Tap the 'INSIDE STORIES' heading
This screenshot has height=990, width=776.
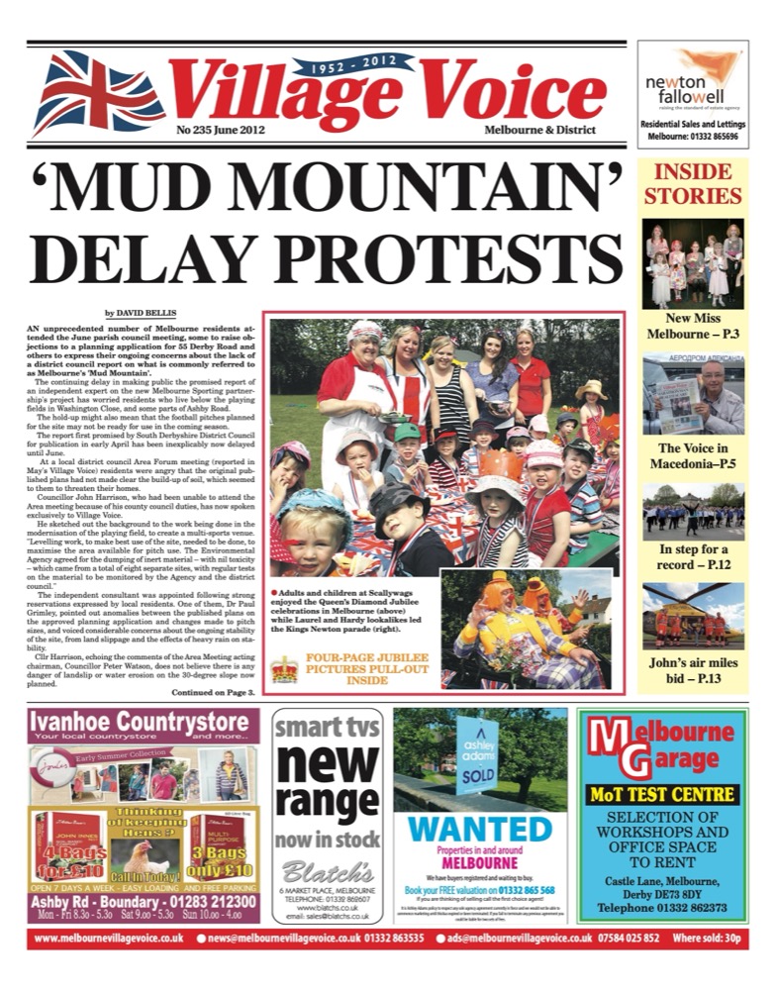tap(692, 184)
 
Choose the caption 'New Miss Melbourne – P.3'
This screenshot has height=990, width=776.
tap(692, 328)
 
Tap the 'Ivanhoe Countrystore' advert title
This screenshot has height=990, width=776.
tap(145, 724)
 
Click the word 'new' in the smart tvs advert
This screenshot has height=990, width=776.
tap(328, 764)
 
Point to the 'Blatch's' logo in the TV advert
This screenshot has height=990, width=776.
tap(327, 870)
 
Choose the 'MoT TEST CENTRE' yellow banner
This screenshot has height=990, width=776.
tap(663, 794)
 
